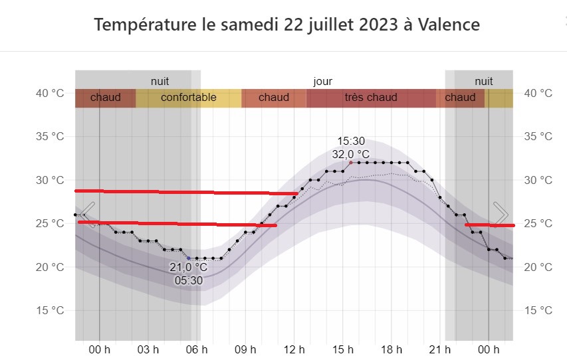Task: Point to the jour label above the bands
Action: pyautogui.click(x=323, y=81)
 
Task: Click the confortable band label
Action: pyautogui.click(x=188, y=98)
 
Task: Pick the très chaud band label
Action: pyautogui.click(x=370, y=98)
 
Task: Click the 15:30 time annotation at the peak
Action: pyautogui.click(x=350, y=141)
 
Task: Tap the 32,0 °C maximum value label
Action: pyautogui.click(x=350, y=154)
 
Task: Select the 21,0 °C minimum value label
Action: pyautogui.click(x=189, y=268)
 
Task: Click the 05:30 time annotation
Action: pyautogui.click(x=189, y=280)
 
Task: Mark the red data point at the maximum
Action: pyautogui.click(x=351, y=162)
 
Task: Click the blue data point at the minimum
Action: pyautogui.click(x=189, y=258)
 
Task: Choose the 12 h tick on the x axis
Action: pyautogui.click(x=294, y=349)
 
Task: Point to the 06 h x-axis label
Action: pyautogui.click(x=197, y=349)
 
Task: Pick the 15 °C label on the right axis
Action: pyautogui.click(x=538, y=310)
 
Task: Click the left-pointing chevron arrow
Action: pyautogui.click(x=88, y=215)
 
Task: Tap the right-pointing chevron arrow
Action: pyautogui.click(x=501, y=215)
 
